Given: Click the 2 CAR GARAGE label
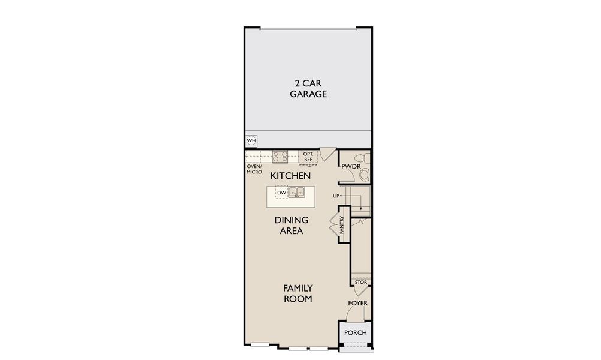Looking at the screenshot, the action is click(308, 89).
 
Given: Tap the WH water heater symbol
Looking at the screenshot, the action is click(251, 141).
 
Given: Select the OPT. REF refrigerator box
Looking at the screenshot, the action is click(308, 158).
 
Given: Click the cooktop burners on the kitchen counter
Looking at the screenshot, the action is click(280, 157).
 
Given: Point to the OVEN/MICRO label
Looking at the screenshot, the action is click(254, 169).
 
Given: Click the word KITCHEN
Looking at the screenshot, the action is click(290, 176).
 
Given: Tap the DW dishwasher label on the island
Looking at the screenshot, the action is click(281, 193).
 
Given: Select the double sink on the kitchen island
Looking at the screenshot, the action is click(296, 191).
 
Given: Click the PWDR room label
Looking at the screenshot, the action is click(351, 166).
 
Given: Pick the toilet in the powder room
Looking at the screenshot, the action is click(363, 158).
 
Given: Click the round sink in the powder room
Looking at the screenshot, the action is click(364, 175).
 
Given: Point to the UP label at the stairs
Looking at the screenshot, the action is click(336, 196).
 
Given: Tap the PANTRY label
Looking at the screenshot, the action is click(342, 225).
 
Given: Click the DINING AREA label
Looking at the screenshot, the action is click(292, 226).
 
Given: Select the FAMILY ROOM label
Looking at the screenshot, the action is click(298, 293).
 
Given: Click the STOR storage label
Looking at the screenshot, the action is click(360, 282).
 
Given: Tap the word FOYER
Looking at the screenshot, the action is click(357, 303).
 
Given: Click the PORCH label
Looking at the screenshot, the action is click(355, 333).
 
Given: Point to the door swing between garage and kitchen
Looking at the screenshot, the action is click(327, 154).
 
